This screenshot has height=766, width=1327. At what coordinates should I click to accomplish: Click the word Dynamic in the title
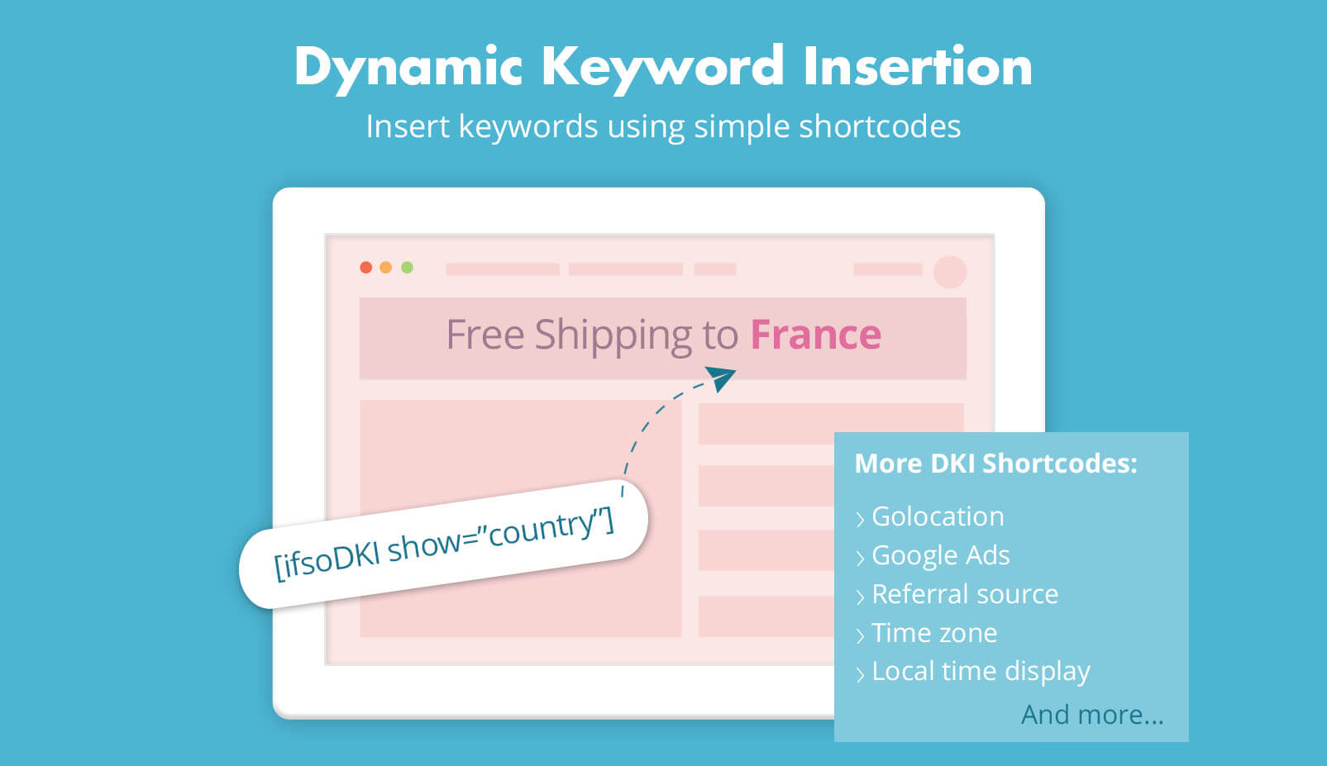click(408, 67)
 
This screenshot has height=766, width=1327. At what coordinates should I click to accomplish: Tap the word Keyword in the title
click(662, 67)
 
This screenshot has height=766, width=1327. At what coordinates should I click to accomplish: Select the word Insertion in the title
click(917, 66)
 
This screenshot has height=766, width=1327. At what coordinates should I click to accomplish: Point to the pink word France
click(815, 335)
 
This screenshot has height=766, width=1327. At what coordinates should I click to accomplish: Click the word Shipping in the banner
click(613, 335)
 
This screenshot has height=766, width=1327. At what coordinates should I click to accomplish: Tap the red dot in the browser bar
click(365, 268)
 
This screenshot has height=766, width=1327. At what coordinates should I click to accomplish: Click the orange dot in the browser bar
click(385, 268)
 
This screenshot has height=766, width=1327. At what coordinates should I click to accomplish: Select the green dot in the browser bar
click(407, 268)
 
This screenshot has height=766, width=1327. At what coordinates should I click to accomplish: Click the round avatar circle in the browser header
click(949, 272)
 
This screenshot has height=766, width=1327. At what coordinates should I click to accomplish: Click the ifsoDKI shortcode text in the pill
click(444, 543)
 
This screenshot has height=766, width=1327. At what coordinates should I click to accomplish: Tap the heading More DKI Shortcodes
click(995, 464)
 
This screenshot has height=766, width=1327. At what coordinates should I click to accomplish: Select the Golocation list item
click(938, 516)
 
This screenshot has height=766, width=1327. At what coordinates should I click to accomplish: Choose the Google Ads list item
click(940, 555)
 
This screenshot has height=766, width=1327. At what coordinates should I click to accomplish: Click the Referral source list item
click(964, 594)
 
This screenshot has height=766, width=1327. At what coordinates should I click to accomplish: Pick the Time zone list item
click(934, 633)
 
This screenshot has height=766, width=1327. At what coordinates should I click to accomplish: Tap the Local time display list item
click(981, 671)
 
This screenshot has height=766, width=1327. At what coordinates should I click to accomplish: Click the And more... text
click(1091, 714)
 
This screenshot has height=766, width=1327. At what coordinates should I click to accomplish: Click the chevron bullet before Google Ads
click(860, 558)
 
